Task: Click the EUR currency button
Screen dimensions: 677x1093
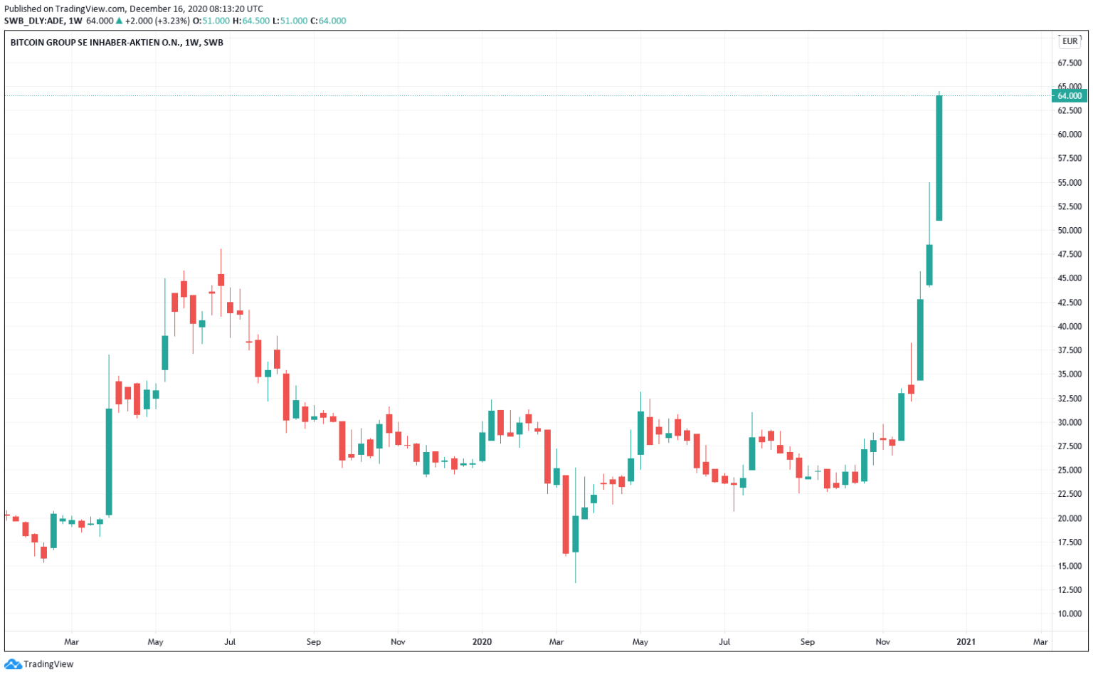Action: click(1070, 41)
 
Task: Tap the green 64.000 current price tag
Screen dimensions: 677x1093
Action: click(1069, 96)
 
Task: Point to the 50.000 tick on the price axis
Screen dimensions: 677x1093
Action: click(1070, 231)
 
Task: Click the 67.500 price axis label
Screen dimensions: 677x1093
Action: click(1070, 63)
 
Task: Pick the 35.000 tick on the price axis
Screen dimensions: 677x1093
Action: click(1070, 374)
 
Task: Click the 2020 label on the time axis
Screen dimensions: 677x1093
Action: click(482, 642)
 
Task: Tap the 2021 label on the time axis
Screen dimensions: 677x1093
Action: click(966, 642)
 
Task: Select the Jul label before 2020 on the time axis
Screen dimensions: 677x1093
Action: click(230, 642)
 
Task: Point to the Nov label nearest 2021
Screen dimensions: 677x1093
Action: click(882, 642)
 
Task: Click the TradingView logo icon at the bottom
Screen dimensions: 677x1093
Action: click(13, 664)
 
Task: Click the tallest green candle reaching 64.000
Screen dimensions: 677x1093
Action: click(939, 158)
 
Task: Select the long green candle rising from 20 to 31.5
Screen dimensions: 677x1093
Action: click(109, 461)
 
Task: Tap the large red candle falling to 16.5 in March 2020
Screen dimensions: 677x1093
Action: click(566, 514)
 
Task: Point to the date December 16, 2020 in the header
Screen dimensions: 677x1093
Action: click(165, 9)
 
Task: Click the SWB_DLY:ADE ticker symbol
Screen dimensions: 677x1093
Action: click(34, 21)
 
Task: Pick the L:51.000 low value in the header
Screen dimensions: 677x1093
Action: click(290, 21)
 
